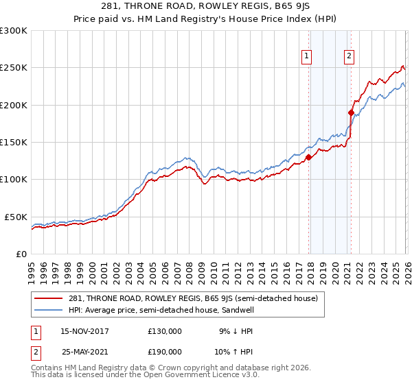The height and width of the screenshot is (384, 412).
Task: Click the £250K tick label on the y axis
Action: (14, 68)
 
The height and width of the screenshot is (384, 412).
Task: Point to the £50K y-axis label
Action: (16, 217)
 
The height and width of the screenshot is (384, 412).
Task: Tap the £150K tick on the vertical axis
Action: (14, 142)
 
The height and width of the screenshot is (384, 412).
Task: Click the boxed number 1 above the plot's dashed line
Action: (306, 57)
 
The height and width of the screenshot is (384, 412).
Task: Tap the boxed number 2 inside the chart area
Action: (349, 57)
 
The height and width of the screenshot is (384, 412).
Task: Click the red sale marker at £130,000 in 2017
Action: (308, 157)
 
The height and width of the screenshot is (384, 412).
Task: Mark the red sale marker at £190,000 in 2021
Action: (351, 112)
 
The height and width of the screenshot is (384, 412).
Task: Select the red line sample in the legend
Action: (49, 299)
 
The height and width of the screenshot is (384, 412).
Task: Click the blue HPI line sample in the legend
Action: (49, 310)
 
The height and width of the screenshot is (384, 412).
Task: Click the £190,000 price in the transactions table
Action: (165, 351)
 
